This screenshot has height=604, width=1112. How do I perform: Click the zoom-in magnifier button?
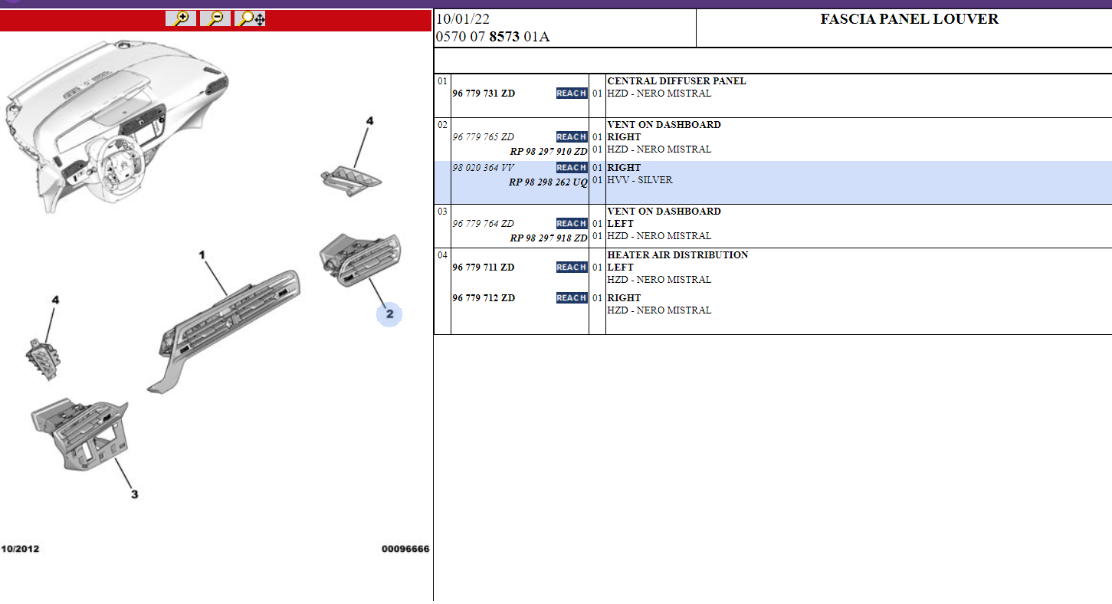click(x=181, y=19)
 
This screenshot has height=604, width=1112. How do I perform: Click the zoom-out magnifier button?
click(x=215, y=19)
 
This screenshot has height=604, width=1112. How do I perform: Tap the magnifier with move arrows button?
click(x=250, y=19)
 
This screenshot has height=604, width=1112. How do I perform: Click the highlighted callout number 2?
click(x=389, y=314)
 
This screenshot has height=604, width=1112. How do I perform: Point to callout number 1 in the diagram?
click(x=202, y=254)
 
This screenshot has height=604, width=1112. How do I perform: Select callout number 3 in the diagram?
click(x=135, y=494)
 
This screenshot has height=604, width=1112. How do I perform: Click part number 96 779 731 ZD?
click(x=484, y=94)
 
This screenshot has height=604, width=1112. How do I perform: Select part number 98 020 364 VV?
click(x=483, y=168)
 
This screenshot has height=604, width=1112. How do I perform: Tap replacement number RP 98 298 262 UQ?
click(x=548, y=182)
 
